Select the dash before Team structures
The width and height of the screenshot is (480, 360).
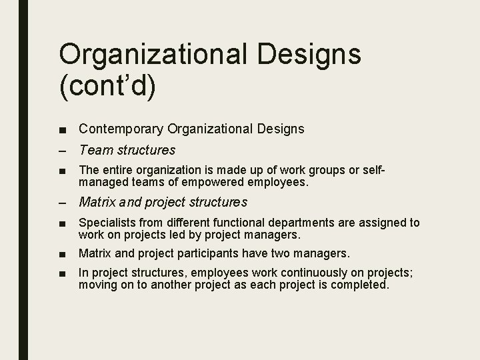click(63, 151)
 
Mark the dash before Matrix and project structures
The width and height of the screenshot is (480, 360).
click(63, 202)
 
